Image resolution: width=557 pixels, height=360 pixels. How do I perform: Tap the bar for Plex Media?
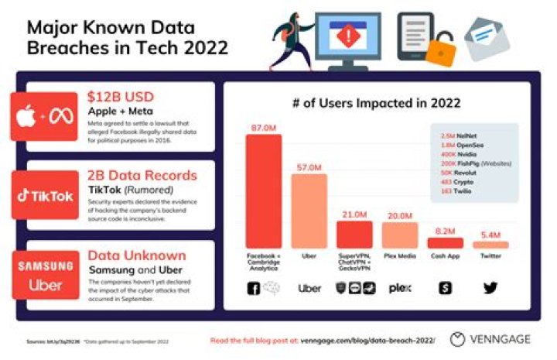[x=399, y=235]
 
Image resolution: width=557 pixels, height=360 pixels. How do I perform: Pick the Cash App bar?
[x=445, y=242]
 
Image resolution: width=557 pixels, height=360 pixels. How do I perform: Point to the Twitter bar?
[x=490, y=245]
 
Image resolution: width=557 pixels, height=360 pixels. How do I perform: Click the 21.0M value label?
[x=354, y=214]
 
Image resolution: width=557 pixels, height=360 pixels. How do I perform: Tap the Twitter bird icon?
[x=490, y=288]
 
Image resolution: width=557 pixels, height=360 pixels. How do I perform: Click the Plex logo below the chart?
[x=399, y=288]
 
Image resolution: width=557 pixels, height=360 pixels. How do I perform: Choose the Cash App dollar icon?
[x=445, y=288]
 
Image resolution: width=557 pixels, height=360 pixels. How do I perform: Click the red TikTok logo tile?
[x=44, y=195]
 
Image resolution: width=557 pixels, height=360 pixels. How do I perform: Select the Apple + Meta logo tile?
[x=44, y=116]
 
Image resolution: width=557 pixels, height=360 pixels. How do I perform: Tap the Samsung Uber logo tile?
[x=44, y=274]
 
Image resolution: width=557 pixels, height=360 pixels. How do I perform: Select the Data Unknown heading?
[x=136, y=255]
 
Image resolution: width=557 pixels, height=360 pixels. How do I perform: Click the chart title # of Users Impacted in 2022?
[x=378, y=103]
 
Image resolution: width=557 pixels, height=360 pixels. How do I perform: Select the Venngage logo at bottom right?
[x=494, y=339]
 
